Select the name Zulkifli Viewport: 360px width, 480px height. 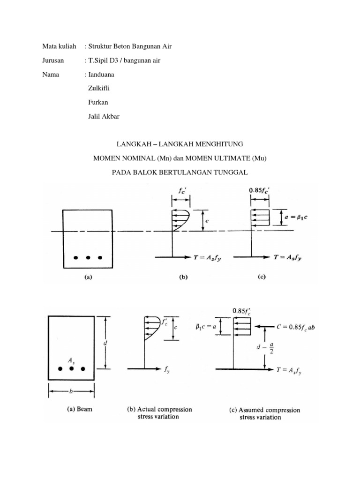click(x=100, y=88)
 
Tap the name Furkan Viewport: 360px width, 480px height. click(x=99, y=102)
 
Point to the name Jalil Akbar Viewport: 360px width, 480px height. click(x=104, y=116)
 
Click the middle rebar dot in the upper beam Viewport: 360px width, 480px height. click(x=88, y=257)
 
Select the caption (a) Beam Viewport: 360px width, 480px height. click(x=79, y=409)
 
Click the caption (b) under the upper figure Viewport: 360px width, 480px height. click(x=183, y=277)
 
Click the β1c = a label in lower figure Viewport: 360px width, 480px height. click(x=208, y=328)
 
